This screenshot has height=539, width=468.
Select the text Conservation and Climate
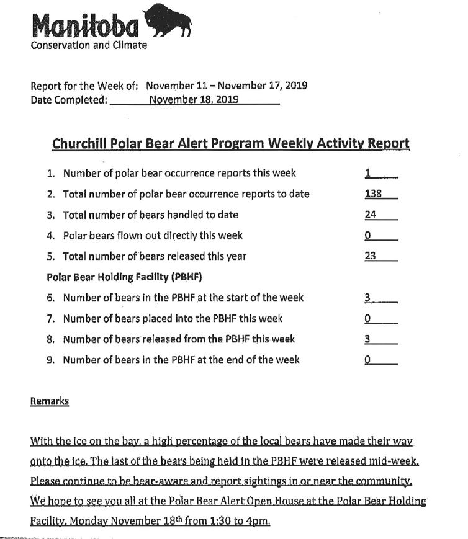(89, 46)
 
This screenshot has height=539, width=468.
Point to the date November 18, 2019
(194, 99)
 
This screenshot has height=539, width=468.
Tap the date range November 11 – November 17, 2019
(227, 86)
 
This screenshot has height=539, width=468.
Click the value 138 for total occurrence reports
(372, 194)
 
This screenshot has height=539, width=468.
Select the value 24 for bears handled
(371, 215)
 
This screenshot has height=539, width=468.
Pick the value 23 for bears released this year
(371, 256)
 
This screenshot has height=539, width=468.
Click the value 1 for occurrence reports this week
(368, 173)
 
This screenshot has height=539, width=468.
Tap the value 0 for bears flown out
(368, 235)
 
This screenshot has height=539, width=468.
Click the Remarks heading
(50, 401)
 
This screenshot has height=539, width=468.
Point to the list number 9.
(51, 360)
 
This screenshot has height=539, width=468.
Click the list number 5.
(51, 256)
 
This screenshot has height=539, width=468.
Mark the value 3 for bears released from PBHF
(368, 339)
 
